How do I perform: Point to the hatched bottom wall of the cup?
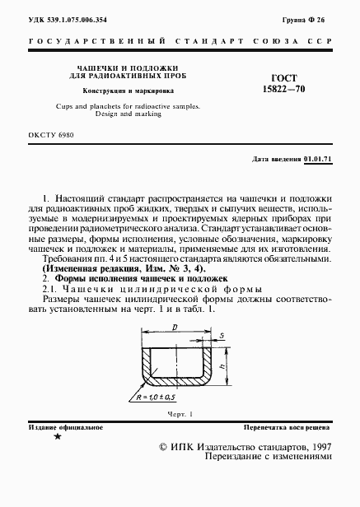click(185, 387)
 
